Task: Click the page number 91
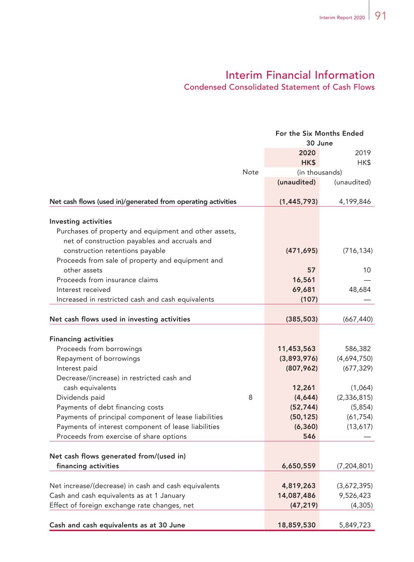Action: coord(381,16)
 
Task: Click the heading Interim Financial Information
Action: coord(300,75)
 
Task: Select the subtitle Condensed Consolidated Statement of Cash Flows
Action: coord(279,87)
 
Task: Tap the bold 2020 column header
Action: coord(307,153)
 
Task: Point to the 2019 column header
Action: coord(363,153)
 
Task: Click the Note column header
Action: coord(250,172)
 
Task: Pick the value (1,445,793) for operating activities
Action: coord(298,202)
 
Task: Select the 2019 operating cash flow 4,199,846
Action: coord(355,202)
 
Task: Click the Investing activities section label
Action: coord(81,222)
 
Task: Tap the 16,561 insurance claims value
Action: coord(304,280)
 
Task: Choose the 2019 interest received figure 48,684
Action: coord(360,290)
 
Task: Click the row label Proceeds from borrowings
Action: coord(99,349)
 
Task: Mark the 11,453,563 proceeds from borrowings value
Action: coord(297,349)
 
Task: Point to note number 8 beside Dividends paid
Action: coord(250,398)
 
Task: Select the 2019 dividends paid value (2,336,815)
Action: coord(355,398)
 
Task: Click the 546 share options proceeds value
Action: coord(309,436)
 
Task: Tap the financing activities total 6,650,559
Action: coord(298,466)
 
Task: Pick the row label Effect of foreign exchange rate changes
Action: coord(121,506)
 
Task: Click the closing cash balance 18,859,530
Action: coord(297,525)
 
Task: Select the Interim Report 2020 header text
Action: coord(342,18)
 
